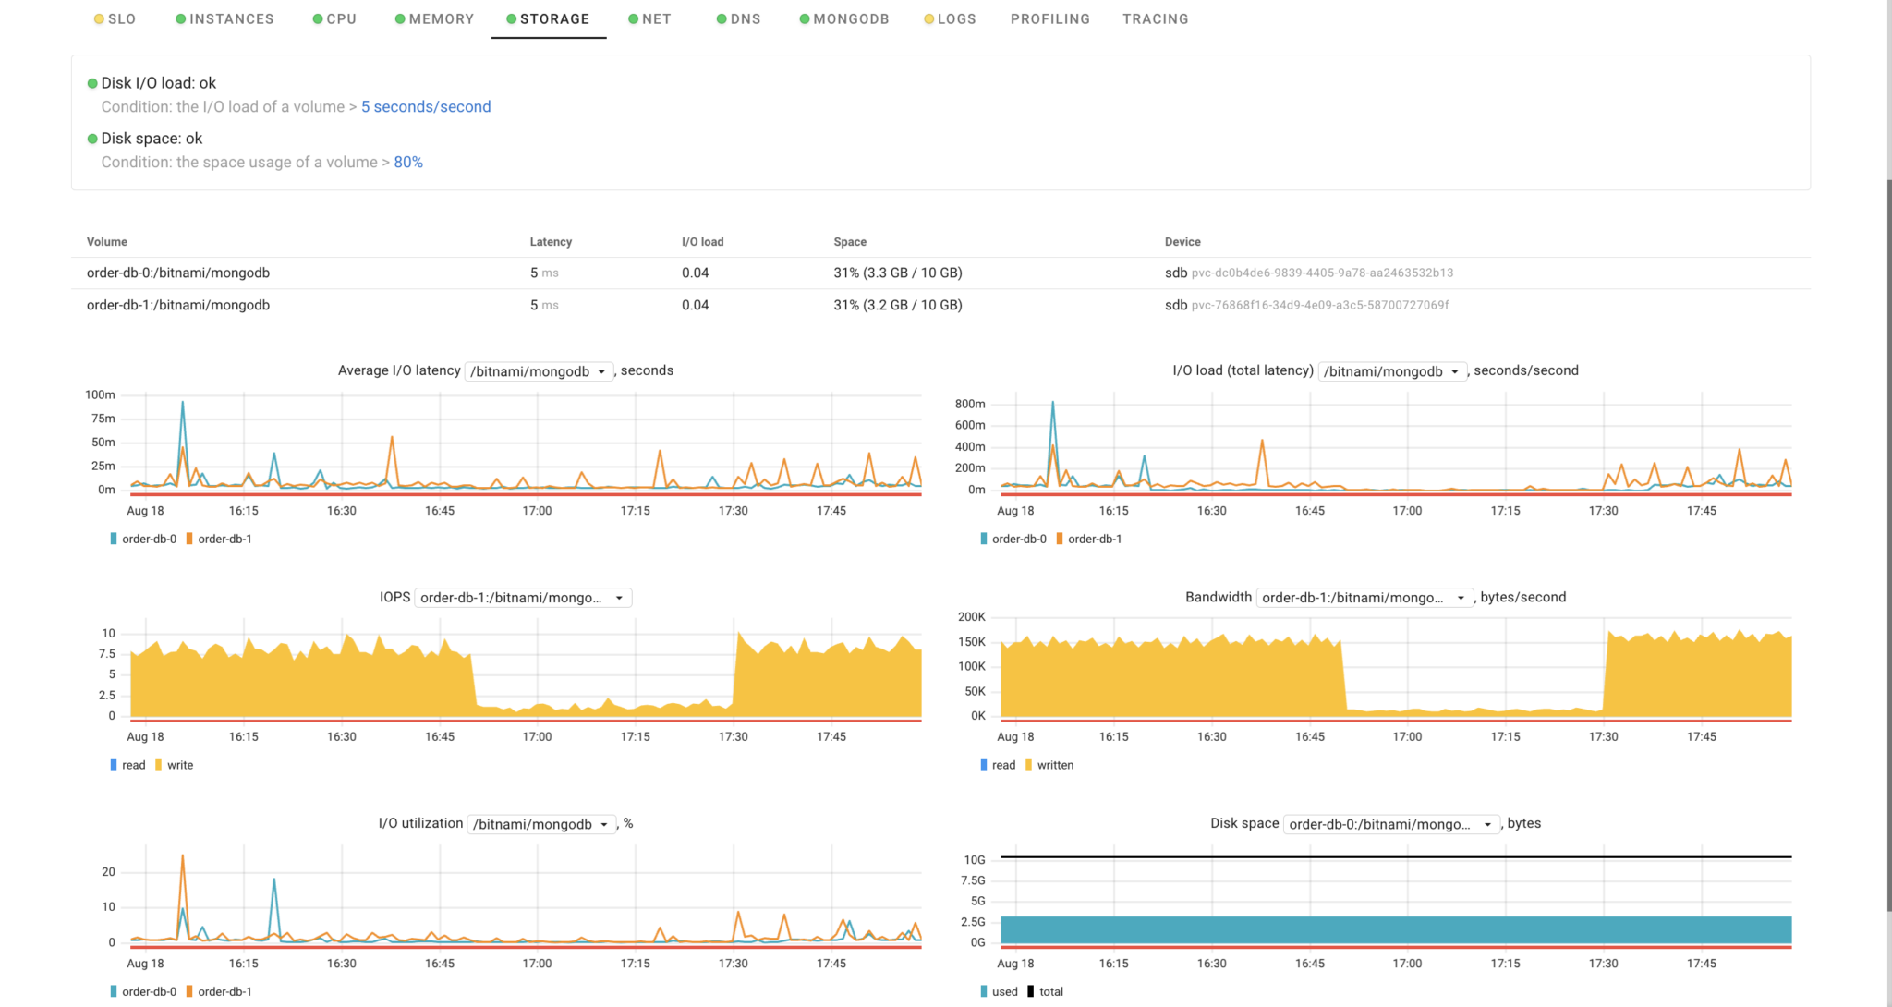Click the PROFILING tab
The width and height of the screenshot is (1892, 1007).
coord(1049,18)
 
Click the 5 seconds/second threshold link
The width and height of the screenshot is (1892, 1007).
coord(426,106)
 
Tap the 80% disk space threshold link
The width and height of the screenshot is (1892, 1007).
coord(408,162)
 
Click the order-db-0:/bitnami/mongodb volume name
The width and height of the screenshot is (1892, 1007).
coord(178,273)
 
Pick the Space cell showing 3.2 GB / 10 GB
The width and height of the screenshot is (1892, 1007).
coord(897,305)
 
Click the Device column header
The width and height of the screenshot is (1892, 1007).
coord(1182,242)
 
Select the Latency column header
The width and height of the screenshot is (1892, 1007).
coord(551,242)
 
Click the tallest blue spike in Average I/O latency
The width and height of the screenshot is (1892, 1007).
coord(183,404)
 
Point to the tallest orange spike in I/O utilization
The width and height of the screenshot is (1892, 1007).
coord(183,857)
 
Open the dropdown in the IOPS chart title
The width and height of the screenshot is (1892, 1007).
coord(523,598)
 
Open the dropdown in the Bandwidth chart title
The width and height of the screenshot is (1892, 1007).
coord(1364,598)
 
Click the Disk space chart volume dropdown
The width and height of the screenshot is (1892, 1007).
coord(1390,824)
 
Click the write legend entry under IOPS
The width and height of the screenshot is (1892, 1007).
coord(179,765)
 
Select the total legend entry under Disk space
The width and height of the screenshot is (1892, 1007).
coord(1050,991)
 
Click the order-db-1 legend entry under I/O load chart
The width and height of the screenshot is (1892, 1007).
coord(1094,539)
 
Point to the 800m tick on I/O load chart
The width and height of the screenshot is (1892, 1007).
coord(970,404)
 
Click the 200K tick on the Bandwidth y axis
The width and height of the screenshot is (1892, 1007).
coord(971,616)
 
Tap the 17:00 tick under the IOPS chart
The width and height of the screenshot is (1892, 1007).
coord(537,736)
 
